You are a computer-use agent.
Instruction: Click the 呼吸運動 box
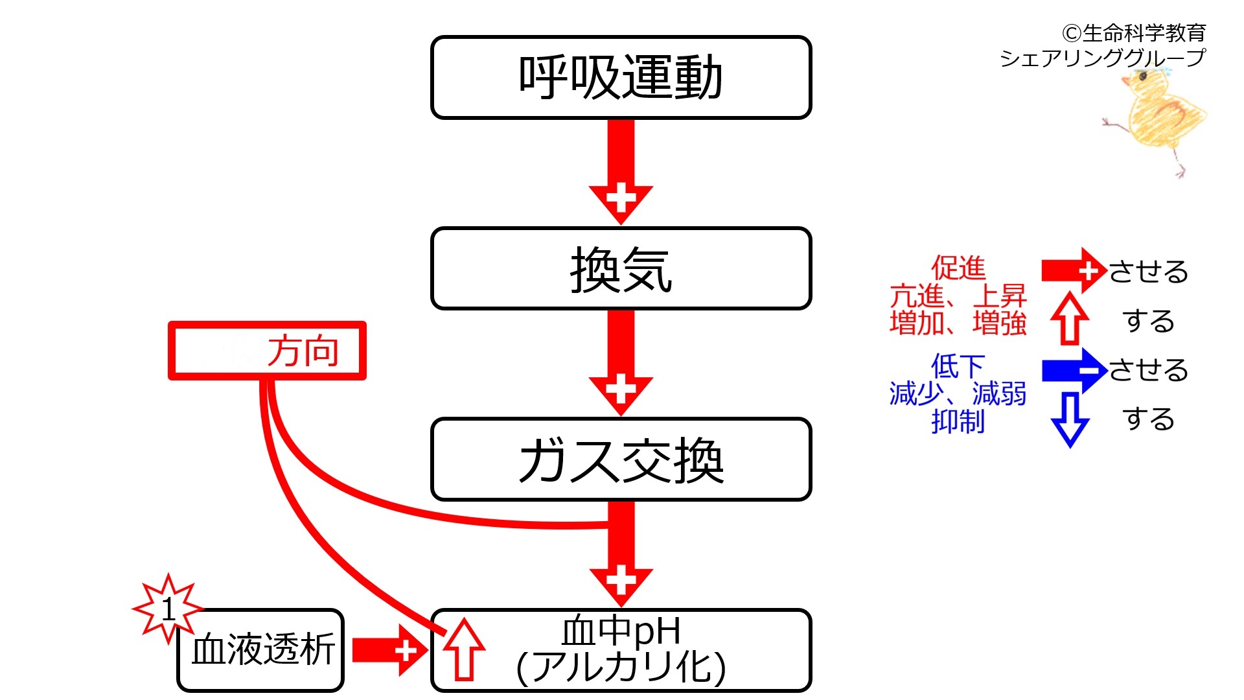[x=621, y=77]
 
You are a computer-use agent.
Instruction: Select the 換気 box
[x=621, y=268]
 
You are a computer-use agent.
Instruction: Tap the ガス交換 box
[x=621, y=460]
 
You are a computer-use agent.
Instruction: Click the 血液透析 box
[x=260, y=650]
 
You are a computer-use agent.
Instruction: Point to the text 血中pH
[x=621, y=631]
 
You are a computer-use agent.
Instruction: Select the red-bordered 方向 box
[x=267, y=351]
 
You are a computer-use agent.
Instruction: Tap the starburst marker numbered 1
[x=168, y=609]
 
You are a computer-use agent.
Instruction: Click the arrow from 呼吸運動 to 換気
[x=621, y=172]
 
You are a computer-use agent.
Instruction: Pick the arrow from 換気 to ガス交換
[x=621, y=363]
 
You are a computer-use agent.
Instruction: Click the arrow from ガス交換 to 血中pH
[x=621, y=554]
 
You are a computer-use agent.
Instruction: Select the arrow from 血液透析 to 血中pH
[x=390, y=650]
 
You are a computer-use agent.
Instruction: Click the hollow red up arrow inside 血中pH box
[x=464, y=649]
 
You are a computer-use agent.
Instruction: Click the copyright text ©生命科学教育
[x=1133, y=32]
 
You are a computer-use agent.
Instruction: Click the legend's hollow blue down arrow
[x=1070, y=419]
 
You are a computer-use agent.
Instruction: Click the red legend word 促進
[x=958, y=268]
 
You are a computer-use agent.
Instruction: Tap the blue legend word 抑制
[x=958, y=421]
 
